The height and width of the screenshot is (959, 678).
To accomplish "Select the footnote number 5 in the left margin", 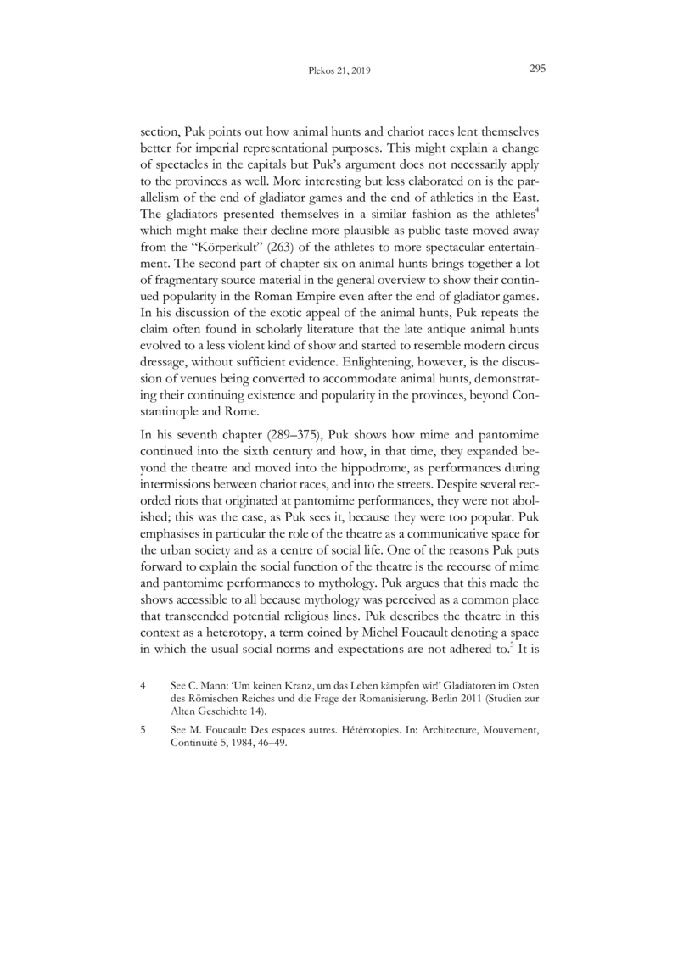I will pyautogui.click(x=143, y=777).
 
